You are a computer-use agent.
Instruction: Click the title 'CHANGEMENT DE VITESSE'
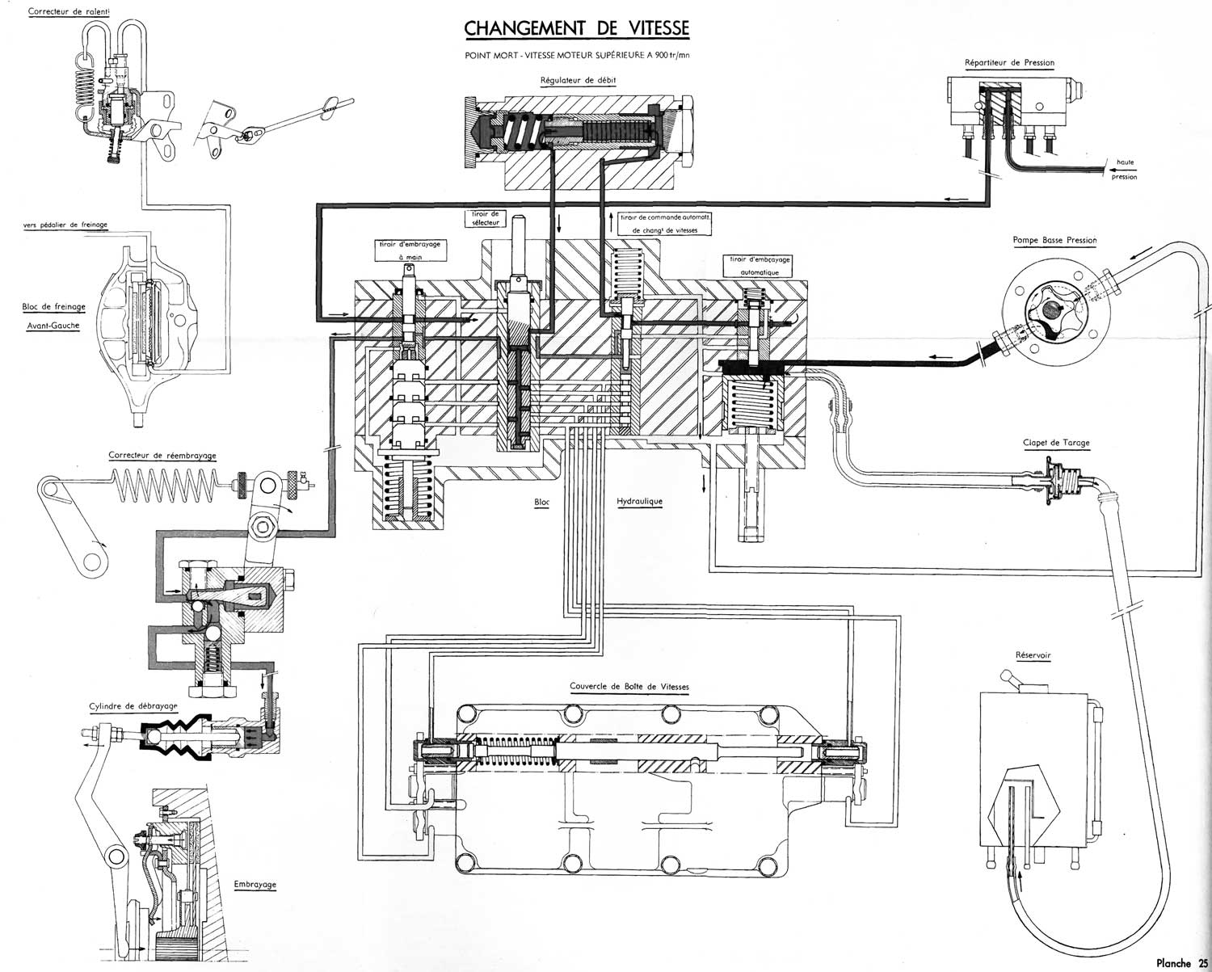click(577, 28)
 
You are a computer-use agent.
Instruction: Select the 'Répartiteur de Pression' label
click(1009, 62)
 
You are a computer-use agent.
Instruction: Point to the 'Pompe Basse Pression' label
click(1054, 240)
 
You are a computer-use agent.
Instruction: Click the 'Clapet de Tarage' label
click(1056, 442)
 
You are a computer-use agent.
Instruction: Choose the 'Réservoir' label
click(1033, 655)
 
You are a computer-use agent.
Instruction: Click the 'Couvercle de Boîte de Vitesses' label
click(629, 687)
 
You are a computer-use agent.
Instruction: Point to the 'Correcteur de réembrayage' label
click(162, 455)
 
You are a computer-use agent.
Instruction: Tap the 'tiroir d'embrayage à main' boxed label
click(410, 250)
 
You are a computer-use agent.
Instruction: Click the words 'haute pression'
click(1123, 170)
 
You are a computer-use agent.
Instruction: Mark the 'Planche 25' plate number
click(1182, 962)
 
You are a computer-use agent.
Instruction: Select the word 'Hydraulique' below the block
click(639, 502)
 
